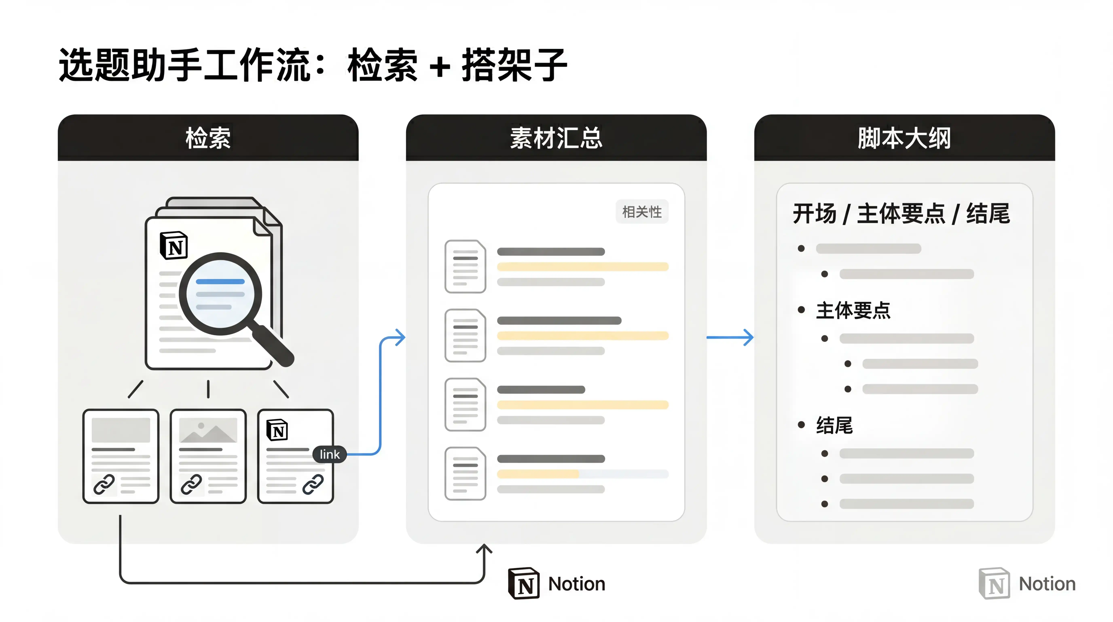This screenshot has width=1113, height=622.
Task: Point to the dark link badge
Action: [x=329, y=454]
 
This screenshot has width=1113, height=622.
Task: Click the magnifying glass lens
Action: [x=220, y=294]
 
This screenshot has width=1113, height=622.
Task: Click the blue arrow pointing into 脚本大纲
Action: [x=730, y=337]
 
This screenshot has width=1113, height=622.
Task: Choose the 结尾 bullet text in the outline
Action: [x=834, y=425]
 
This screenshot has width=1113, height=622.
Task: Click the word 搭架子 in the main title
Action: [x=514, y=65]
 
